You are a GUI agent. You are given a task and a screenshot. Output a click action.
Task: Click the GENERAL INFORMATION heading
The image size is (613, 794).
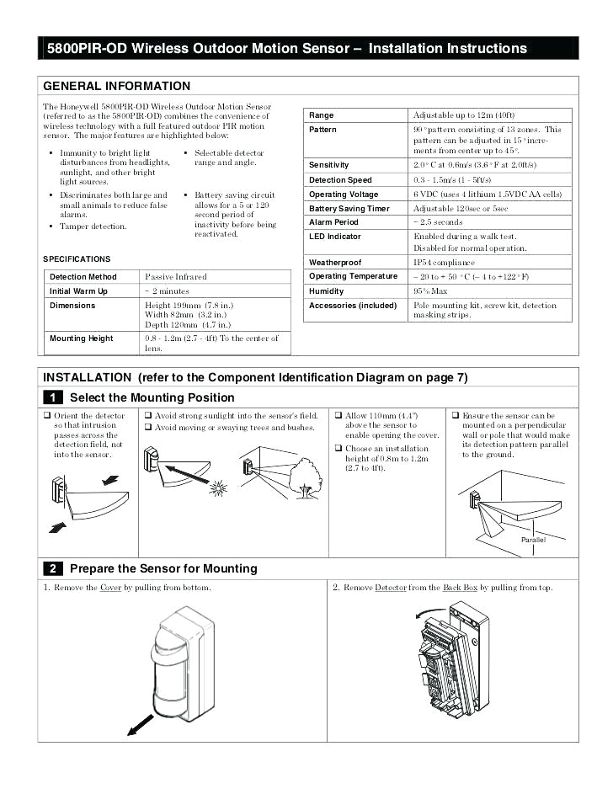117,86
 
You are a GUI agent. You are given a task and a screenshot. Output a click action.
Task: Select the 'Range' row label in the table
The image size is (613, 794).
322,115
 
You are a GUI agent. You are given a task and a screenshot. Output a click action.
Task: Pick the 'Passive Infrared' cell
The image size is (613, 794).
176,276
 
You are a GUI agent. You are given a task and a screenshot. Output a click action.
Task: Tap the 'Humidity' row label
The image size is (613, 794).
327,291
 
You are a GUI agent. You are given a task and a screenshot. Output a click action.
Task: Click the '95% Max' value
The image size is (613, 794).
430,291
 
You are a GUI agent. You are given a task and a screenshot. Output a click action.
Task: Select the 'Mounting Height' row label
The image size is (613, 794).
82,338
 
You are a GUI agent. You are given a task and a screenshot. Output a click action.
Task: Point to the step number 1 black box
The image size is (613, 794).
52,397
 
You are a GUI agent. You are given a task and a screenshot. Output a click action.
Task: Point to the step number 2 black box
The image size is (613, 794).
52,568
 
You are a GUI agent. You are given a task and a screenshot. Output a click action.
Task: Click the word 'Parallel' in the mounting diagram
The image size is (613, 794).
533,540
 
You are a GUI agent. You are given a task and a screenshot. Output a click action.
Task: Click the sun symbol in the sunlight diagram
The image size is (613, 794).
220,488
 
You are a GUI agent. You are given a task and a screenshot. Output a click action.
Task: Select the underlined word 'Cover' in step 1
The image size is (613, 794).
110,587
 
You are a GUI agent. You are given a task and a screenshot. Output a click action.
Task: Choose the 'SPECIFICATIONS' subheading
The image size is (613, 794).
77,259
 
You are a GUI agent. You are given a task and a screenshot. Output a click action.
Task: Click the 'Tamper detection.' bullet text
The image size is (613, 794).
93,226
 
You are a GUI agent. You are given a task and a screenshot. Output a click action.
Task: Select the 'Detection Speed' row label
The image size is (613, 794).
340,180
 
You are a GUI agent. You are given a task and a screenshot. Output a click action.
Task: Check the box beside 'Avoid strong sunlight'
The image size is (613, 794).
147,415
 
